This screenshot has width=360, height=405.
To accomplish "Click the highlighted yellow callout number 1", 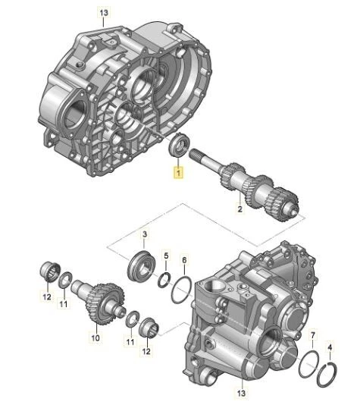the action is (x=179, y=172).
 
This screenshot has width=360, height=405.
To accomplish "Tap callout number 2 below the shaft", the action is (x=239, y=209).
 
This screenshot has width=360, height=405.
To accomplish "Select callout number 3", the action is (x=145, y=234).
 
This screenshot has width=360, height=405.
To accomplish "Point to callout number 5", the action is (x=166, y=256).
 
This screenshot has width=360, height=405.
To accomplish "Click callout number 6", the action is (x=184, y=260).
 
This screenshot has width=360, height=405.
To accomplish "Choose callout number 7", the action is (x=313, y=335).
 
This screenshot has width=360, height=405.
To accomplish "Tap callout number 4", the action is (x=330, y=347).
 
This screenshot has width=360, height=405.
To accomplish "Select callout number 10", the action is (x=95, y=337).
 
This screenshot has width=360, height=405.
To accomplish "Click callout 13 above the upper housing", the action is (x=104, y=13).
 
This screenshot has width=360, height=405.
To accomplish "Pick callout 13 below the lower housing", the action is (x=241, y=393).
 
